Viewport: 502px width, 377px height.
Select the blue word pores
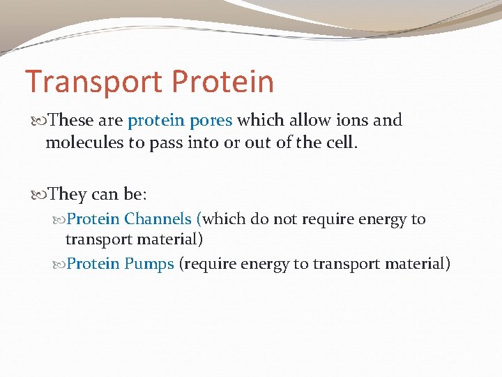point(211,120)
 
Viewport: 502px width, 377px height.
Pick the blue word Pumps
point(149,264)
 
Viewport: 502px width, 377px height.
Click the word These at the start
point(73,120)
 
